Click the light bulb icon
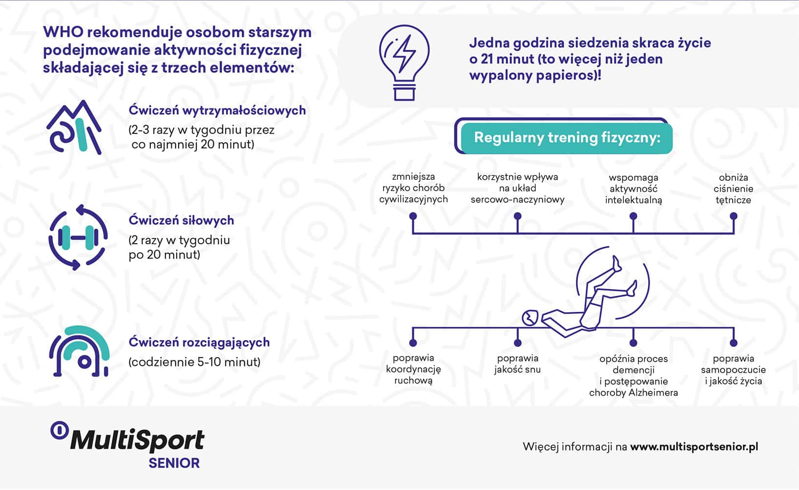[x=404, y=63]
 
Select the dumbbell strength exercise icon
[x=78, y=237]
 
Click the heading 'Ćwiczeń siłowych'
[x=181, y=220]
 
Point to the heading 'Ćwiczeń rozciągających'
[x=199, y=342]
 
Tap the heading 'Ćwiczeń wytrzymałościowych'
[x=217, y=110]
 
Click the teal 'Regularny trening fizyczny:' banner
[x=567, y=138]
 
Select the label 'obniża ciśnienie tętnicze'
[x=734, y=189]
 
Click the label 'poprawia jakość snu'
[x=517, y=363]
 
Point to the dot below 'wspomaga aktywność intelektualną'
[x=634, y=216]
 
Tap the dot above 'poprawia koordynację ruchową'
[x=413, y=343]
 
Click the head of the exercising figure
[x=530, y=318]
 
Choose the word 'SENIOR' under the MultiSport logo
[x=174, y=463]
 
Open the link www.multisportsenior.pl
[x=694, y=447]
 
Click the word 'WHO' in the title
[x=63, y=32]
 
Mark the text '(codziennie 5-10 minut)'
[x=194, y=362]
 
